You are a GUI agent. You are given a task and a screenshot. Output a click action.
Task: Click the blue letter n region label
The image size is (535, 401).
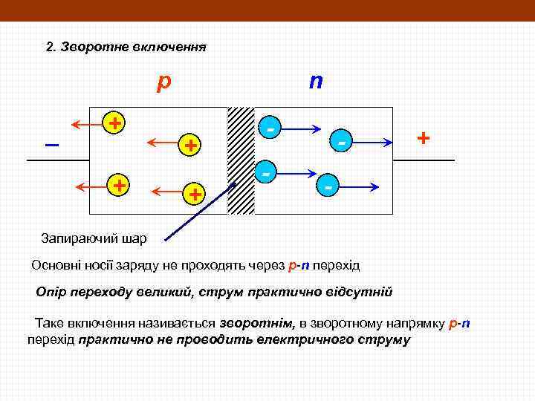tap(316, 80)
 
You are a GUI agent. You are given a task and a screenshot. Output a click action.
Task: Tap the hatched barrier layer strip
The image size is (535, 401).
tap(241, 160)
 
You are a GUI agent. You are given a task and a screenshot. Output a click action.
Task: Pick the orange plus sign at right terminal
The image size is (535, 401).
tap(423, 138)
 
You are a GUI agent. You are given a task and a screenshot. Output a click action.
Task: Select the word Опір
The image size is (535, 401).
tap(52, 291)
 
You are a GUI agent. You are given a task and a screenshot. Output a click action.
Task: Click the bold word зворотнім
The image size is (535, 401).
tap(256, 324)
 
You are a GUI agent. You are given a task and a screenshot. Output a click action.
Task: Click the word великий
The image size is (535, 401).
tap(163, 291)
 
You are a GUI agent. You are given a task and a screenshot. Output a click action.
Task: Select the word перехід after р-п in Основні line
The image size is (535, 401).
tap(336, 265)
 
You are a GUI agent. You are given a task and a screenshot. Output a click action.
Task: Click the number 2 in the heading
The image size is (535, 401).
tap(49, 47)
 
